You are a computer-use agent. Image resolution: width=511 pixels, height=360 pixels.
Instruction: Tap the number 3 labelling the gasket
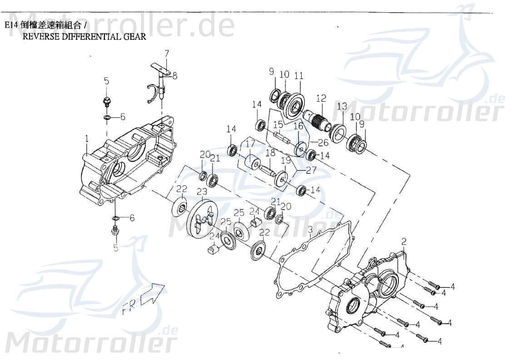tap(310, 230)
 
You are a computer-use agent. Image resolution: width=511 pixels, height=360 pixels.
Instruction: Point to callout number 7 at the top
tap(167, 54)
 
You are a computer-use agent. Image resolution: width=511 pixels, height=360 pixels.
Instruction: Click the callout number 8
tap(174, 76)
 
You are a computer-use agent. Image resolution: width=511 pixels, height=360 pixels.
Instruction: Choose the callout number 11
tap(298, 75)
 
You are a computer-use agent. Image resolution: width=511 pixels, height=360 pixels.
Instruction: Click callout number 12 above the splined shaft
tap(321, 98)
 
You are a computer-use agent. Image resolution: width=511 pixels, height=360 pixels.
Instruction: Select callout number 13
tap(342, 107)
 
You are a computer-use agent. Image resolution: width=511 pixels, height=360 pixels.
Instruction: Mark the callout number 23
tap(202, 192)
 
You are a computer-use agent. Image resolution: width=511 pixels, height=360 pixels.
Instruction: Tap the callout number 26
tap(323, 142)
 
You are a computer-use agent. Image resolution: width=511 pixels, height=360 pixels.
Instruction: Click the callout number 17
tap(250, 144)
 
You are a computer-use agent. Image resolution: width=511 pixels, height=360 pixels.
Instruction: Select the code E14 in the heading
tap(11, 25)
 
